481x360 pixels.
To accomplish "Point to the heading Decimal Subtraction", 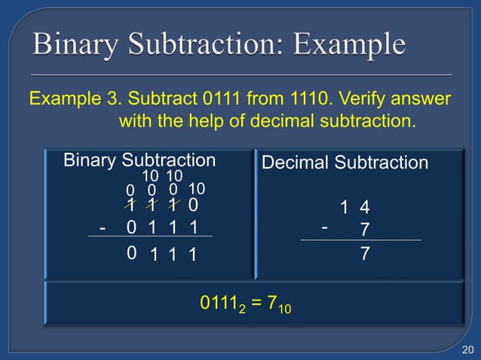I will pyautogui.click(x=345, y=163).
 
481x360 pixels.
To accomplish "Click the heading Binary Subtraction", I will pyautogui.click(x=139, y=160).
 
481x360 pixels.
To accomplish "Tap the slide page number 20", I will pyautogui.click(x=467, y=347).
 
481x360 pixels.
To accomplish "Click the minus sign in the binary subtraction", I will pyautogui.click(x=103, y=227).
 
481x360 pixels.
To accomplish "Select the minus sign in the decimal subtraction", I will pyautogui.click(x=324, y=225).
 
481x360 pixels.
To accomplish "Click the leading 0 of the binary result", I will pyautogui.click(x=132, y=253).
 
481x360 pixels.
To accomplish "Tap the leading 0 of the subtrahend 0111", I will pyautogui.click(x=132, y=227).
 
